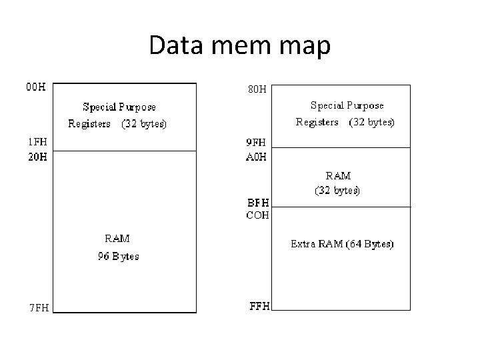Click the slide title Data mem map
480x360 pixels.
tap(240, 45)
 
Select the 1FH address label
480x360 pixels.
tap(37, 142)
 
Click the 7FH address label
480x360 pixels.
tap(37, 307)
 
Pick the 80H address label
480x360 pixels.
tap(257, 89)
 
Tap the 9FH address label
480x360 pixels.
tap(257, 142)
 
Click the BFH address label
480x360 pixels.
tap(258, 201)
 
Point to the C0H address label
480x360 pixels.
tap(258, 215)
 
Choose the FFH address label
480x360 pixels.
tap(259, 307)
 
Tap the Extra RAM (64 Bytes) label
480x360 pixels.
tap(342, 244)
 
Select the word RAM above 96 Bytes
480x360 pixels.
tap(117, 239)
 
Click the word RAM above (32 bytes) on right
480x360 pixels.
tap(338, 176)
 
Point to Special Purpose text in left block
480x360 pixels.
tap(119, 107)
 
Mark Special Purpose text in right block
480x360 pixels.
tap(347, 105)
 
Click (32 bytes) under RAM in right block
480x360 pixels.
tap(337, 191)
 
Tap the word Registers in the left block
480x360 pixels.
tap(89, 124)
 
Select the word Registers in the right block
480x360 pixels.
tap(317, 123)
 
